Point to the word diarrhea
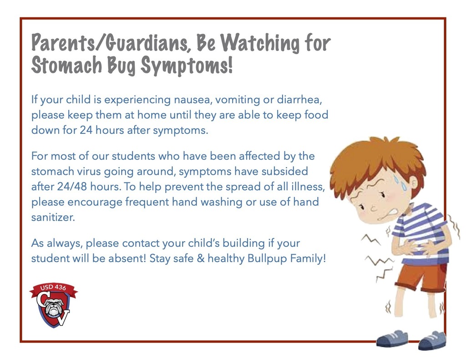click(x=301, y=99)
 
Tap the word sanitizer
click(x=52, y=217)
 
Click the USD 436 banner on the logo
click(x=53, y=288)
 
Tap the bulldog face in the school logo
click(x=54, y=307)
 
